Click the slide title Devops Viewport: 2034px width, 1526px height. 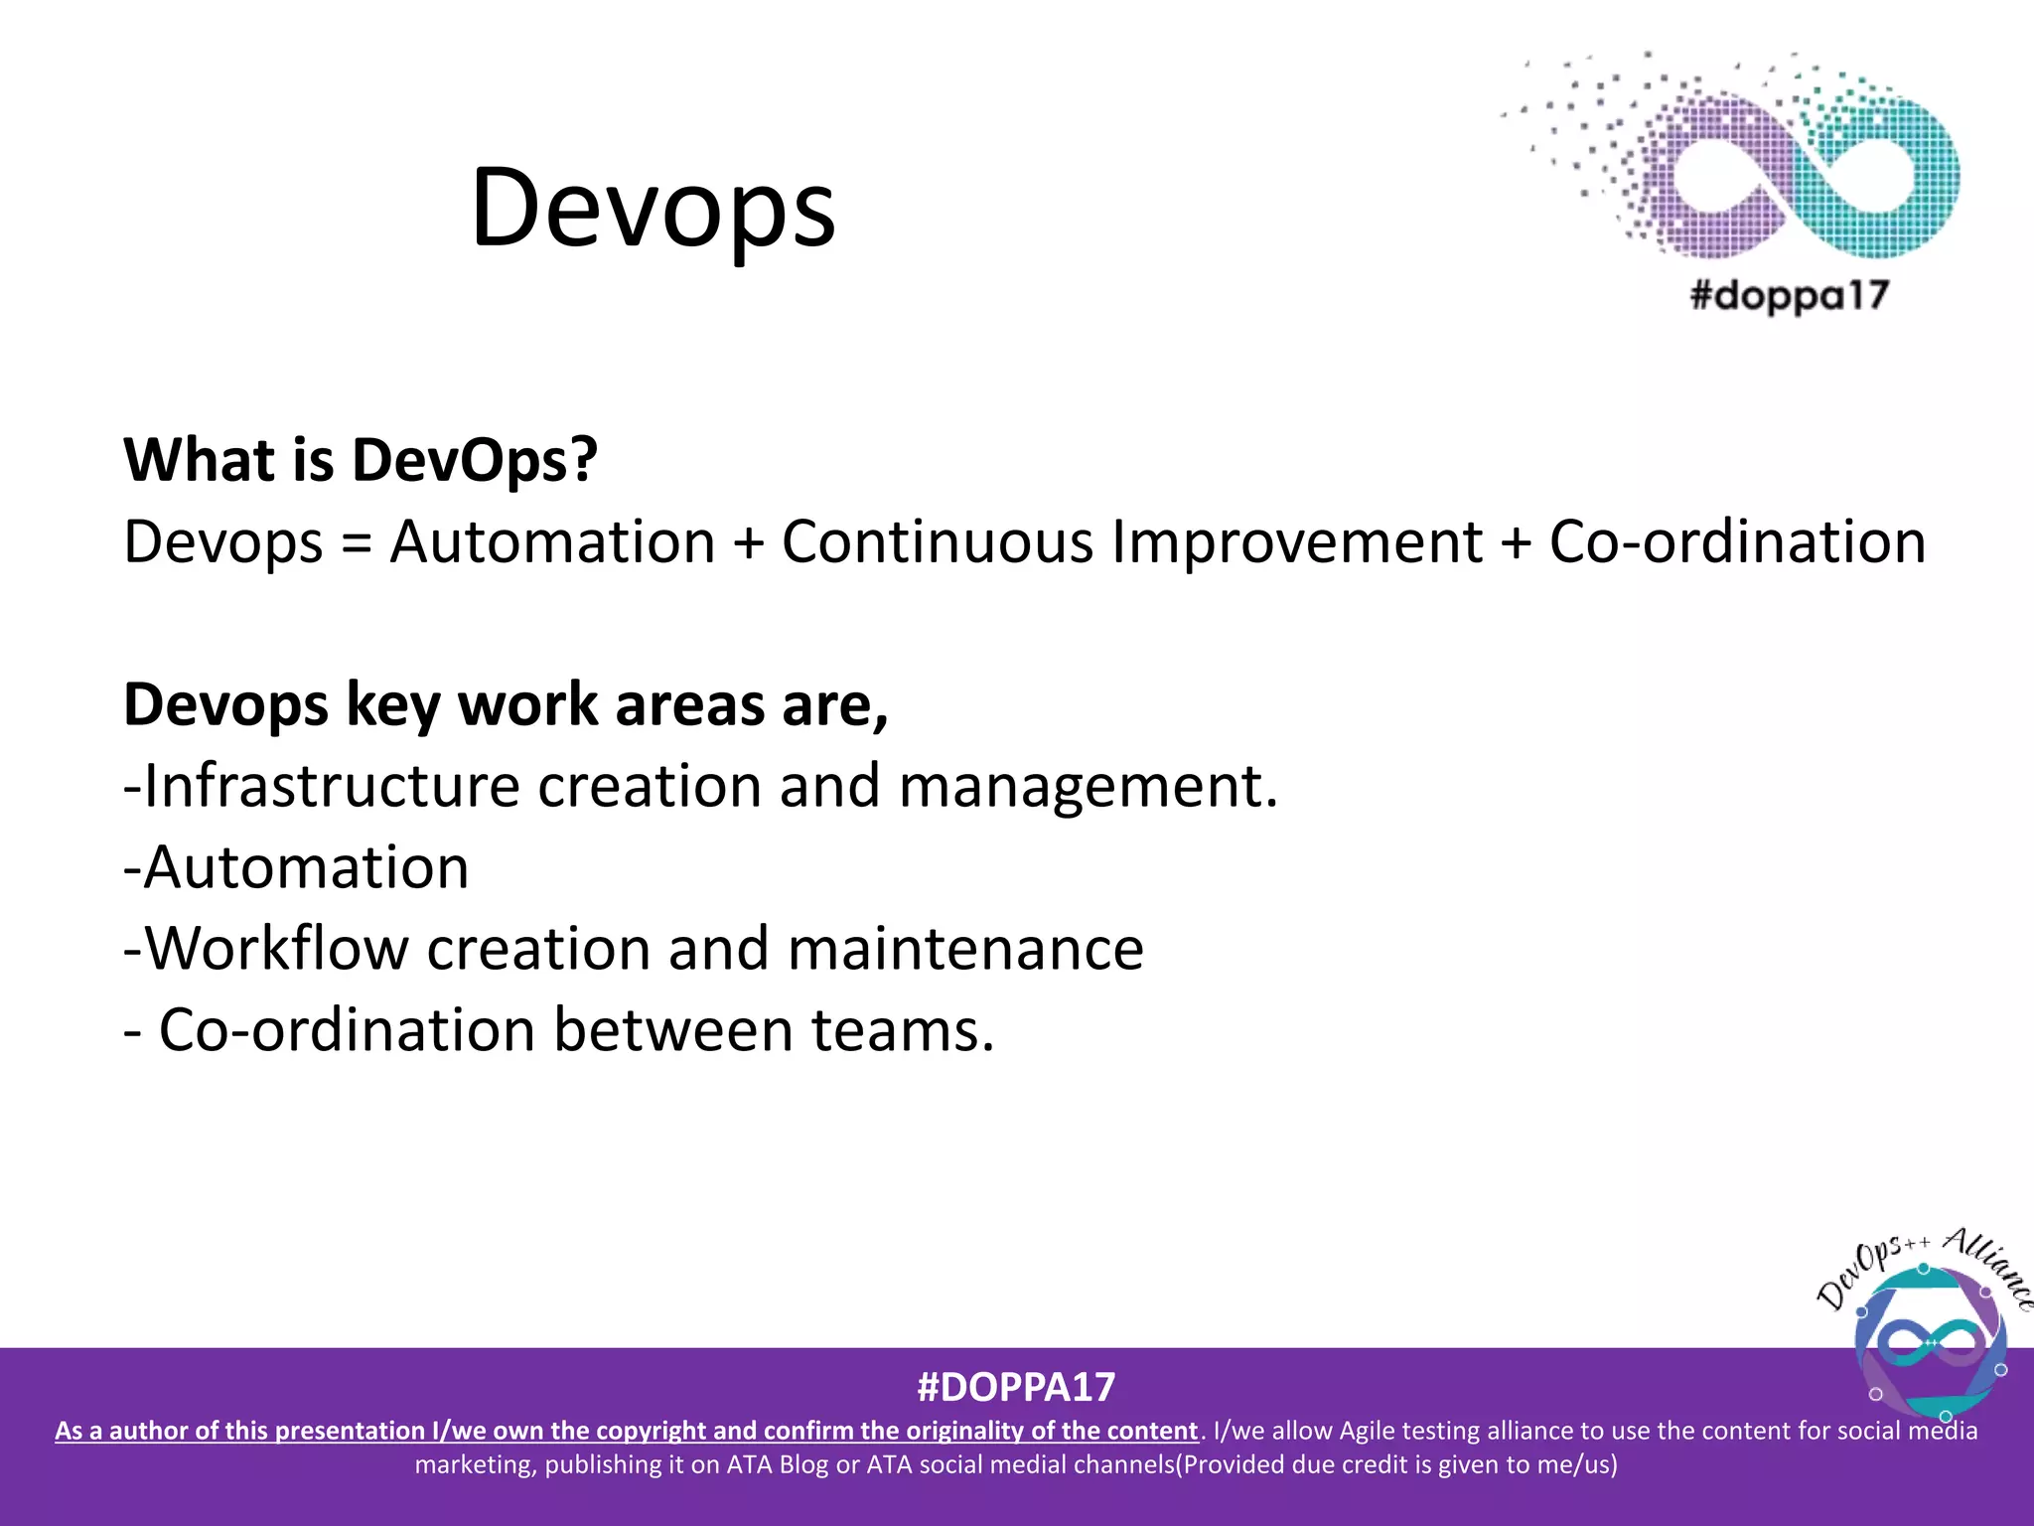(653, 209)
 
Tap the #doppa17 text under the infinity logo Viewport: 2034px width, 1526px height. (1789, 295)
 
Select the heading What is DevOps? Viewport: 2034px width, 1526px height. (361, 460)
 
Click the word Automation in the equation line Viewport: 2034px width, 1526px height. (552, 542)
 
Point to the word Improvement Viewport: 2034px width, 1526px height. (1296, 542)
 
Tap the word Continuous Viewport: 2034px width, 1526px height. (937, 542)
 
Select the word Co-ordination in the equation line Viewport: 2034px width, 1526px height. (1737, 542)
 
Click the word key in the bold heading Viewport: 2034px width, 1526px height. (392, 705)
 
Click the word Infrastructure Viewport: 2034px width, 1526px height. (332, 786)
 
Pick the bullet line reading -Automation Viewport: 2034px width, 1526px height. (296, 867)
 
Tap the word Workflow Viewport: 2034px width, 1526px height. (277, 948)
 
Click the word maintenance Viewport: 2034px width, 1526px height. (965, 949)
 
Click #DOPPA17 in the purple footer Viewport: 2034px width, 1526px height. (1016, 1386)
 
